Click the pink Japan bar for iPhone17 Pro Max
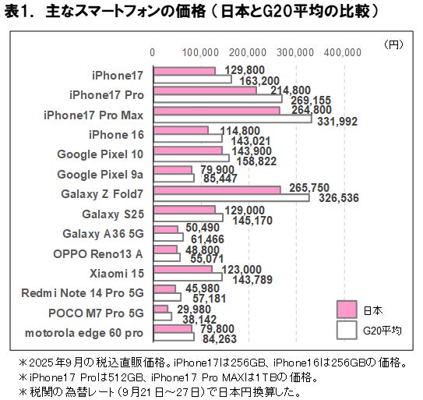(217, 111)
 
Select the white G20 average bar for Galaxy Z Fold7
(231, 198)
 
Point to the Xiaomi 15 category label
(120, 273)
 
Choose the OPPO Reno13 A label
(98, 253)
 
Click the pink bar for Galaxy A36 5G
(166, 229)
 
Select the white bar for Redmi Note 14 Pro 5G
(167, 297)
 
